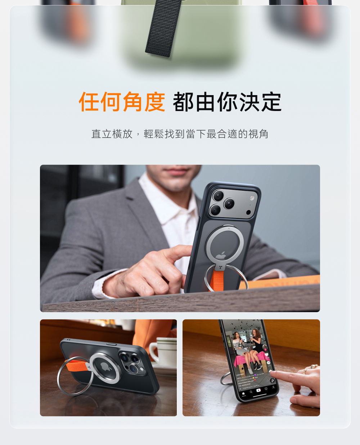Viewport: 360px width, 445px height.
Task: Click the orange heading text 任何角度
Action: pos(122,102)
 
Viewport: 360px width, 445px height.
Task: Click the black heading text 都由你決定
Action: pos(227,102)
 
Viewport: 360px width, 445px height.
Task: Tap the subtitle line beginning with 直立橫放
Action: pos(180,134)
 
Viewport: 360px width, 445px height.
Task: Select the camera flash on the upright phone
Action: pos(252,198)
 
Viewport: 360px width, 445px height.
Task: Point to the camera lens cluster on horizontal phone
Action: pos(132,363)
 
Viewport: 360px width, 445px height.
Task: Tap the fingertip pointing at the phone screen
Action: pos(274,375)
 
